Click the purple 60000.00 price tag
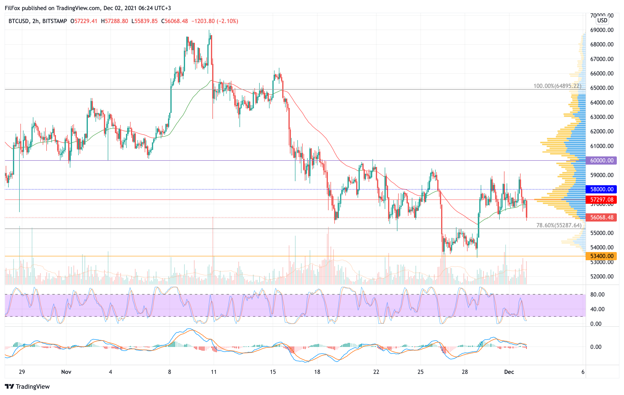pos(601,160)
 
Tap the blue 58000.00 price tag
pos(601,189)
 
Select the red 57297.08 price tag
pos(601,200)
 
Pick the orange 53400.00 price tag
pos(601,256)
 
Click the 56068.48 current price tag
pos(601,217)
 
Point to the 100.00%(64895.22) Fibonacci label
pos(557,86)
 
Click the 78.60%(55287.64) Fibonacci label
pos(559,225)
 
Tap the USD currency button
pos(602,20)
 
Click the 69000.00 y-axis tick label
pos(602,30)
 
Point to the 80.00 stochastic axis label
pos(597,295)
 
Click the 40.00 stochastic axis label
pos(597,309)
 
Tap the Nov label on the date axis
pos(66,372)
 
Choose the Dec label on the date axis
pos(509,372)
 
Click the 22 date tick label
pos(376,372)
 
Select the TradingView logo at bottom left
pos(27,386)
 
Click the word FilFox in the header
pos(12,8)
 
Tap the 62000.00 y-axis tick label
pos(602,131)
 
